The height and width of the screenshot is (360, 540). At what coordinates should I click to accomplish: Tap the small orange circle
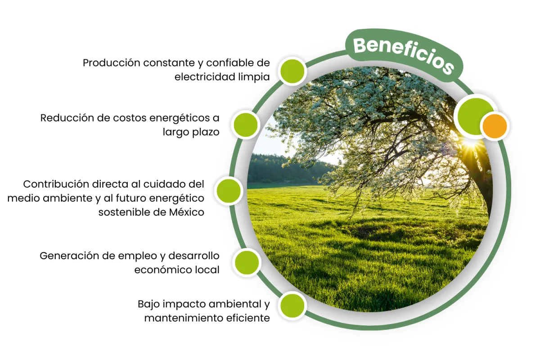494,126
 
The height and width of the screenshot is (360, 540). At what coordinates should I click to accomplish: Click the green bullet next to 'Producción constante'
292,71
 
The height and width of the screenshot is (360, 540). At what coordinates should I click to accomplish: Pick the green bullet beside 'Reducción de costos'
246,124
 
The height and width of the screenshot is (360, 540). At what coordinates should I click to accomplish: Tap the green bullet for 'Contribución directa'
229,191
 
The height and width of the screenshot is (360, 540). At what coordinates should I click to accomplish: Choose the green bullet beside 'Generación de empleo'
247,262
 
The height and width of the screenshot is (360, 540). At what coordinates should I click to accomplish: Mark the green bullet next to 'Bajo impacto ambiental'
292,306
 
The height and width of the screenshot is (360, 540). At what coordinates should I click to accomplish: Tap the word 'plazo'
206,133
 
